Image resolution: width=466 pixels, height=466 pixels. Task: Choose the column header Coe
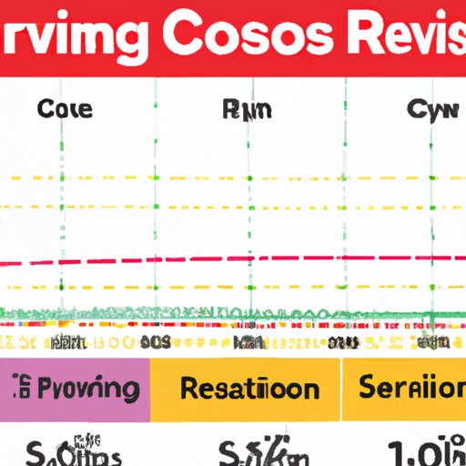click(65, 110)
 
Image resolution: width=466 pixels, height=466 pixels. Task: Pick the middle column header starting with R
click(245, 110)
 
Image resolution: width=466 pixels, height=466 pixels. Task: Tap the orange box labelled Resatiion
click(248, 390)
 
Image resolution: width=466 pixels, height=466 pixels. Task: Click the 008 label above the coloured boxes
click(156, 342)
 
